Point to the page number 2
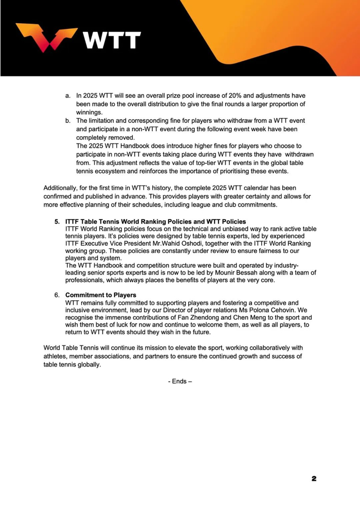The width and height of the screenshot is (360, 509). (314, 479)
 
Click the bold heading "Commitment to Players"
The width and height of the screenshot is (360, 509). (101, 295)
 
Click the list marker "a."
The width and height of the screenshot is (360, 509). (67, 96)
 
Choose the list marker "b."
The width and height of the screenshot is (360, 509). (67, 121)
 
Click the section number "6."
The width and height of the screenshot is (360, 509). (58, 295)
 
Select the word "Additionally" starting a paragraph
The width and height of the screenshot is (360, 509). (63, 188)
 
